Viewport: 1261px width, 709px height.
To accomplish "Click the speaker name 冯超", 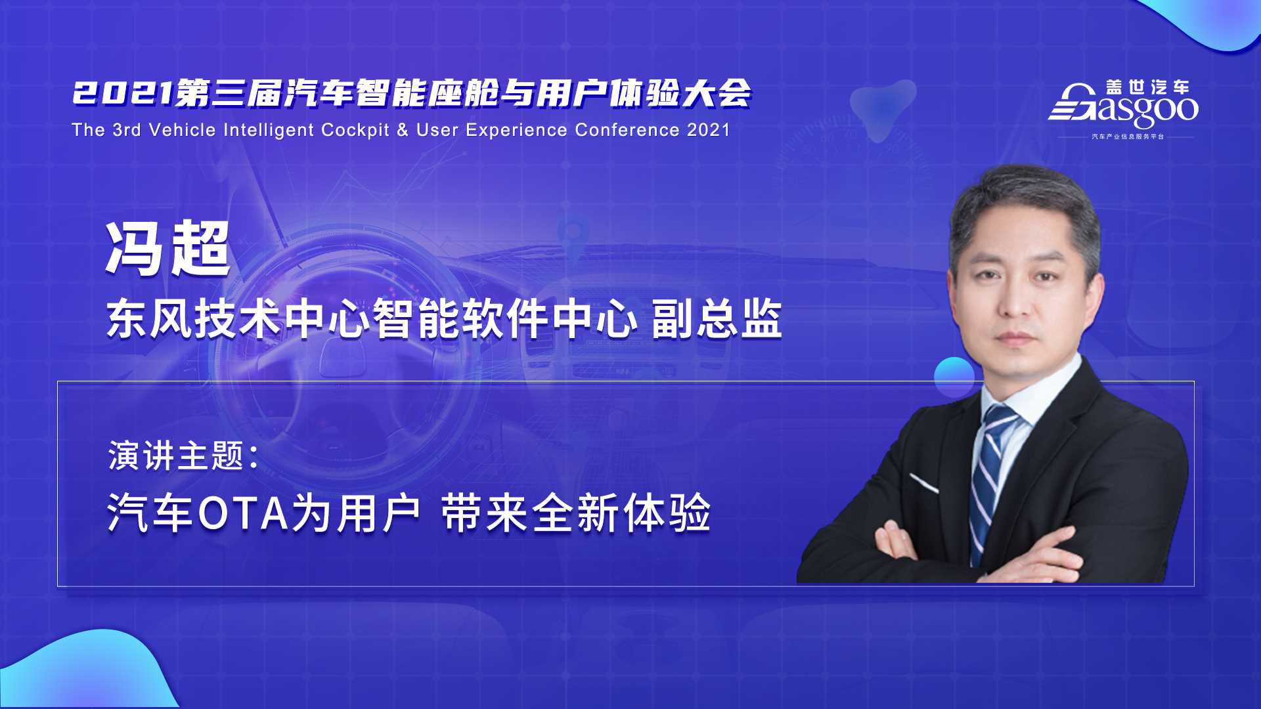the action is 168,249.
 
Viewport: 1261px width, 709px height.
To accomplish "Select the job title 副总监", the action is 717,320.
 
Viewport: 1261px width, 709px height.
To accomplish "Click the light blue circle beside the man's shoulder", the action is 954,377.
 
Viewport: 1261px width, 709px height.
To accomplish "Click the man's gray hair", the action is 1025,204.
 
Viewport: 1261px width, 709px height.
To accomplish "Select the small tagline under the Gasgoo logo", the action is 1127,137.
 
